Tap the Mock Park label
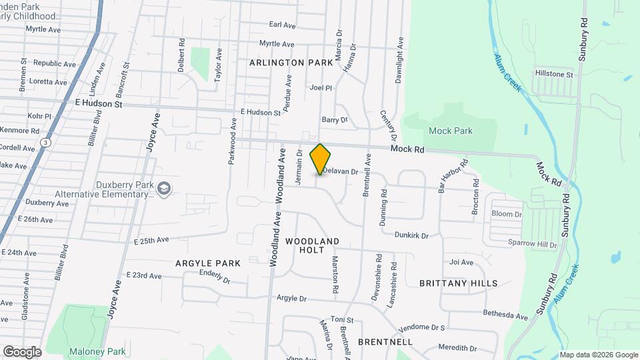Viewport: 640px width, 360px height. pyautogui.click(x=451, y=131)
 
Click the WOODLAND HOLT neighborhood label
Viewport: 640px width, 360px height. pyautogui.click(x=312, y=245)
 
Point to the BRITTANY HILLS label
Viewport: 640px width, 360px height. pyautogui.click(x=458, y=283)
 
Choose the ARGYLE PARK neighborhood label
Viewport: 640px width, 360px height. pyautogui.click(x=208, y=263)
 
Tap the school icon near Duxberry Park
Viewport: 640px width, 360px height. pyautogui.click(x=163, y=190)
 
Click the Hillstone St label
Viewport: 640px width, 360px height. pyautogui.click(x=554, y=75)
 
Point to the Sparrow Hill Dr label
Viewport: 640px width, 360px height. pyautogui.click(x=532, y=245)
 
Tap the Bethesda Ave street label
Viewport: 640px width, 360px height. pyautogui.click(x=506, y=313)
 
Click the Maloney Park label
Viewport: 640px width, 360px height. pyautogui.click(x=97, y=351)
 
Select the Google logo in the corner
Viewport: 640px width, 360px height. pyautogui.click(x=22, y=351)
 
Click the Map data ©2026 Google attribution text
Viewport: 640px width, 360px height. pyautogui.click(x=598, y=355)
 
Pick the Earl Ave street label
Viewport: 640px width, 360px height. pyautogui.click(x=282, y=25)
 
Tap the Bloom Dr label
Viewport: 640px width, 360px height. pyautogui.click(x=506, y=214)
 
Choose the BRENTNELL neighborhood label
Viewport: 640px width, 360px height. pyautogui.click(x=385, y=341)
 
